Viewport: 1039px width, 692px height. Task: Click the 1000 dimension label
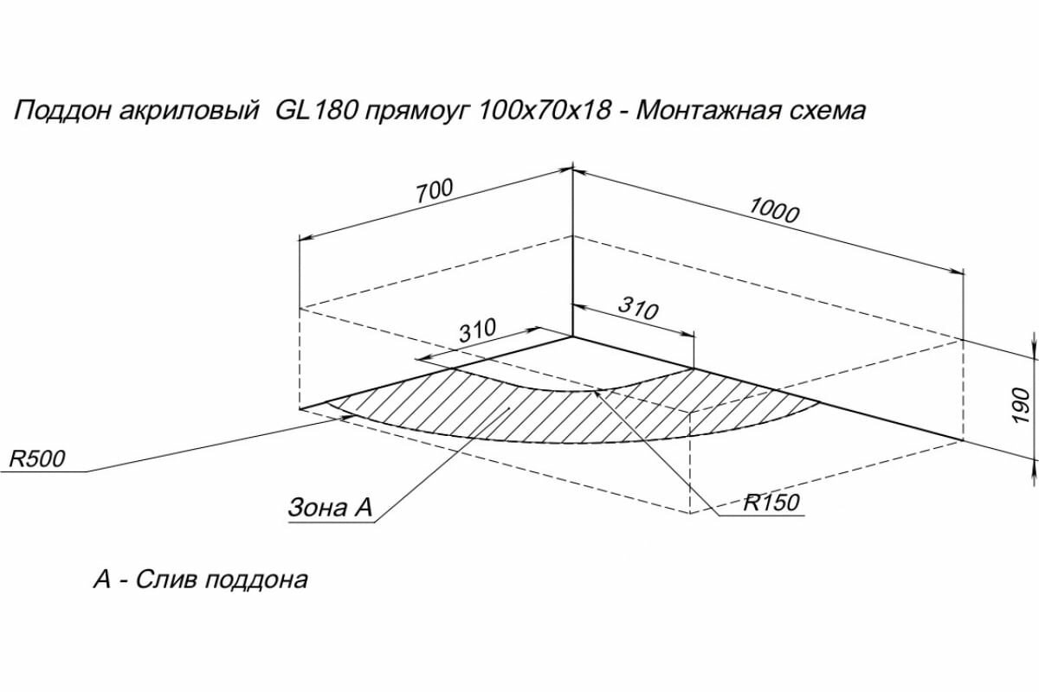(x=773, y=211)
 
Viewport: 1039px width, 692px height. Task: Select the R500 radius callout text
(x=37, y=458)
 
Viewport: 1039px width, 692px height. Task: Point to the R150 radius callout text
(x=771, y=503)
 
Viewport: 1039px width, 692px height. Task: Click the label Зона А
(x=329, y=509)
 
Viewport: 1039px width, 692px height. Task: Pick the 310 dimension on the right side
(x=638, y=308)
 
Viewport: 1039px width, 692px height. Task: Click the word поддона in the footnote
(x=257, y=580)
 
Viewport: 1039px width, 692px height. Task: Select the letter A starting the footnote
(x=102, y=579)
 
